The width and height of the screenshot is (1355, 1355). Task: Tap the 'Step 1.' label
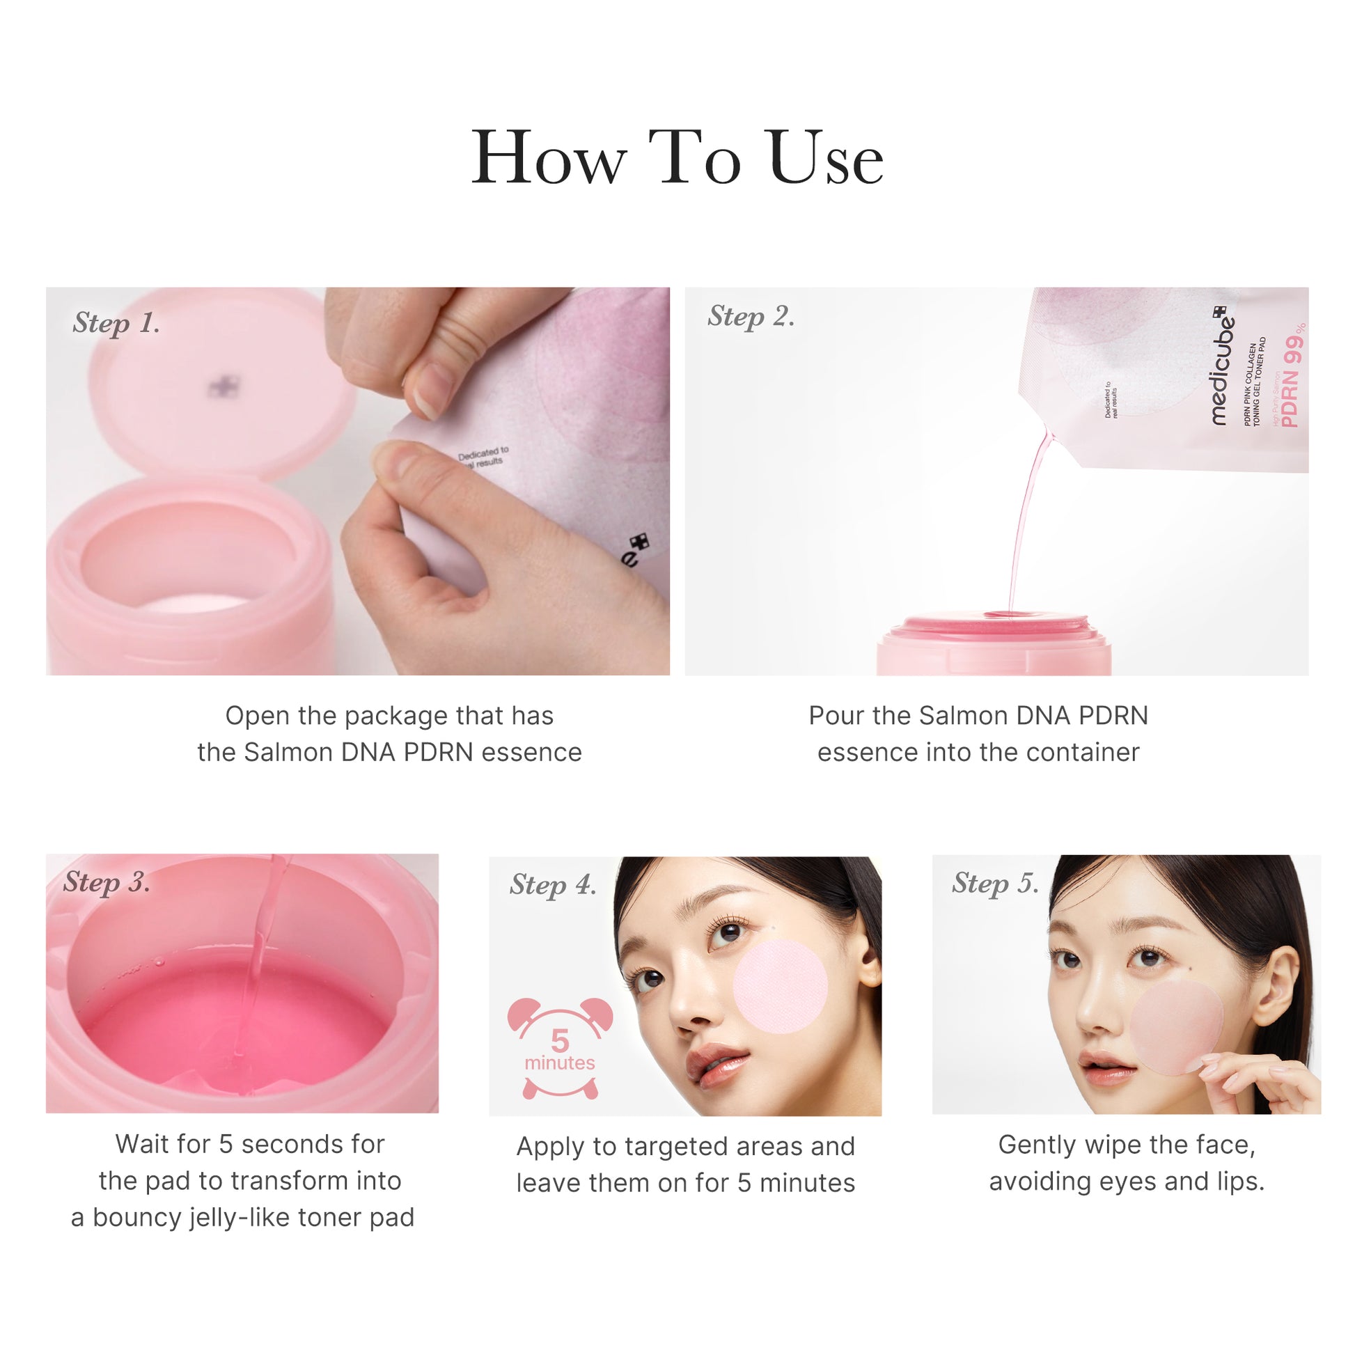(x=116, y=323)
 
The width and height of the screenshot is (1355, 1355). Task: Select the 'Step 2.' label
(x=751, y=316)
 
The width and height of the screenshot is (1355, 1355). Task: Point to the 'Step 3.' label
(x=107, y=882)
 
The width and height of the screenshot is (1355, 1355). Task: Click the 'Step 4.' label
(x=553, y=885)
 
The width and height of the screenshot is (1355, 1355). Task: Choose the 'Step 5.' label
(x=994, y=884)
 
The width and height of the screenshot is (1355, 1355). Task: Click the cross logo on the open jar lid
(x=224, y=386)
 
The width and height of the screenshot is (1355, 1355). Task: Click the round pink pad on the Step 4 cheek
(x=780, y=987)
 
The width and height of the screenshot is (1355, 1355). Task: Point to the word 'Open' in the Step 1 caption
(x=256, y=716)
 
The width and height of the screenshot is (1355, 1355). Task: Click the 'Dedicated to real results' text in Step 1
(x=483, y=457)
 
